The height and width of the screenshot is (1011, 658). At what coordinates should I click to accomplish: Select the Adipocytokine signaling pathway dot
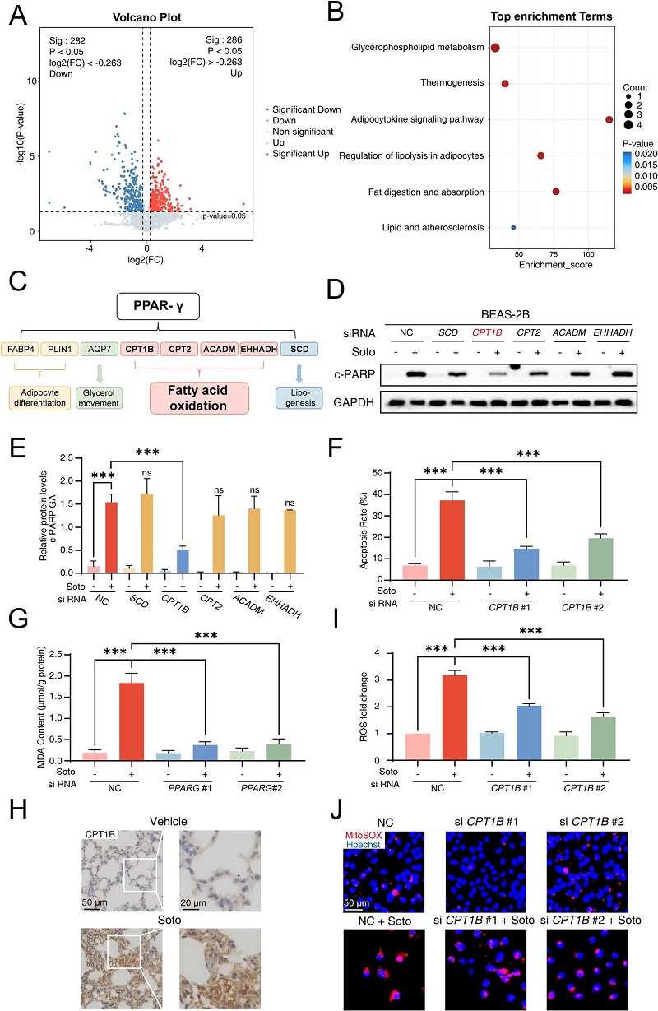[x=609, y=119]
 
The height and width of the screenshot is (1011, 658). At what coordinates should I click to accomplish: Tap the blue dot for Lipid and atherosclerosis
[x=514, y=227]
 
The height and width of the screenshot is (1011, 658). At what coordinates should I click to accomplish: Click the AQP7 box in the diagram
[x=99, y=348]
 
